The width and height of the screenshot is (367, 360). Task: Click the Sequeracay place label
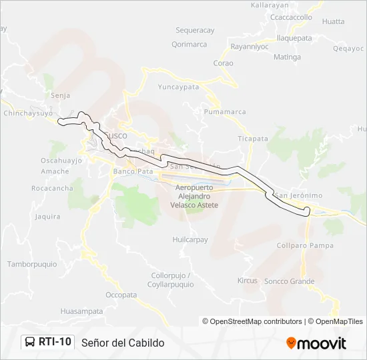[195, 31]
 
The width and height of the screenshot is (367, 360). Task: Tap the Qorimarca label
[189, 45]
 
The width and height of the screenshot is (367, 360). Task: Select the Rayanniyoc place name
[249, 47]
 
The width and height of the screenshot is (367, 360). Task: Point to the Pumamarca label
[225, 112]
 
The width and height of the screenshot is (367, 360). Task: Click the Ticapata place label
[253, 139]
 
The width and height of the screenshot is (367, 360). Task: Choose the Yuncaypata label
[178, 87]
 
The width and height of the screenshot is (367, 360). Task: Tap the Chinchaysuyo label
[28, 113]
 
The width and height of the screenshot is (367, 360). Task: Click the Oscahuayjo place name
[61, 161]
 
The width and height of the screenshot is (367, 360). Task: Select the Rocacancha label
[52, 189]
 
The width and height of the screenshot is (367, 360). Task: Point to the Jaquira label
[47, 217]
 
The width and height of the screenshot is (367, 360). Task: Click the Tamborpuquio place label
[32, 264]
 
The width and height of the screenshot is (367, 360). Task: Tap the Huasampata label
[81, 311]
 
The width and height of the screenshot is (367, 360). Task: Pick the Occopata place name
[121, 295]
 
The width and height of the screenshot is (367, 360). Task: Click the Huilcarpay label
[190, 239]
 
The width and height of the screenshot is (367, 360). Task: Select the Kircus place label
[247, 281]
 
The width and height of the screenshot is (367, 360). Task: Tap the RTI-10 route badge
[47, 342]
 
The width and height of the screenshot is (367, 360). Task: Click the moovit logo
[316, 343]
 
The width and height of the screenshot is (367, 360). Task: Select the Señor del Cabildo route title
[123, 343]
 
